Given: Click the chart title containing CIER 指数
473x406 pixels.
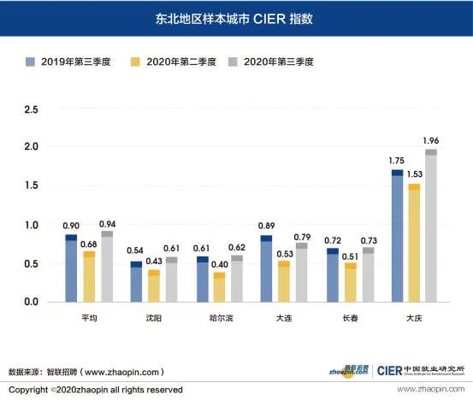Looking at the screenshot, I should pyautogui.click(x=235, y=18).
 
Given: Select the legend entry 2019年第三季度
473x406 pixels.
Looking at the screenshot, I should pyautogui.click(x=69, y=62).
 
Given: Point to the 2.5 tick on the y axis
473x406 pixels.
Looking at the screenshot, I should pyautogui.click(x=31, y=110).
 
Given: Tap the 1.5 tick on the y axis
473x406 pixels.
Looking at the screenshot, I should pyautogui.click(x=31, y=185).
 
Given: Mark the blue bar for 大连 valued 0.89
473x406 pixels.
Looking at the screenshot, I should pyautogui.click(x=267, y=268).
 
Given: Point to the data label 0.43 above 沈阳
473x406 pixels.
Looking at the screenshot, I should pyautogui.click(x=153, y=260).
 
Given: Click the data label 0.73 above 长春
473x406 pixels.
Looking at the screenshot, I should pyautogui.click(x=369, y=239).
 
